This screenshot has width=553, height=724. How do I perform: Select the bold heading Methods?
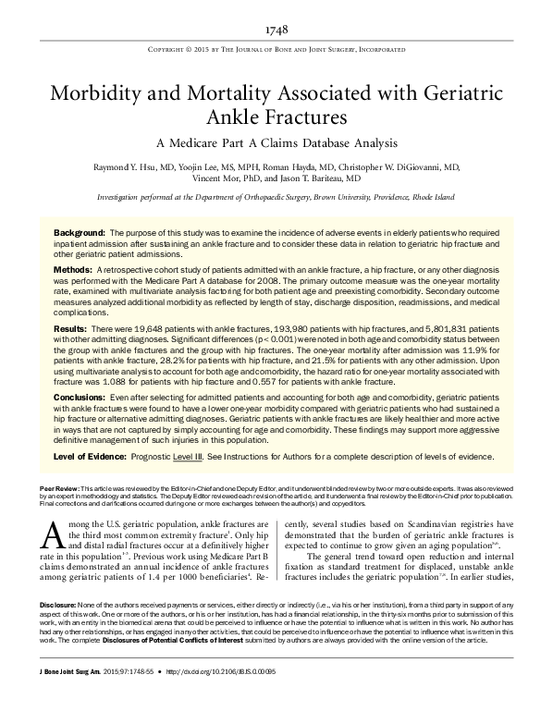tap(73, 268)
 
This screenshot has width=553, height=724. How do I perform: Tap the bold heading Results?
tap(71, 329)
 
